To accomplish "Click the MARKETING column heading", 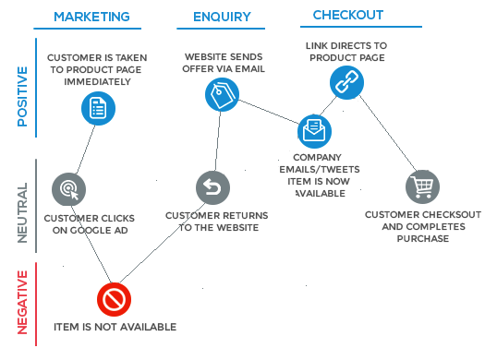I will tap(91, 17).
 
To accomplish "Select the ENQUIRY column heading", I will tap(221, 17).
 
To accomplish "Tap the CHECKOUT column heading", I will tap(348, 16).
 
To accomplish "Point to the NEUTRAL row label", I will tap(22, 211).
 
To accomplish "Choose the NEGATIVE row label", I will tap(22, 304).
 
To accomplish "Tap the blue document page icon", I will tap(97, 109).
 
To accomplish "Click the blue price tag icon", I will tap(222, 93).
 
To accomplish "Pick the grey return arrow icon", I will tap(212, 188).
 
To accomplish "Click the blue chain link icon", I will tap(346, 82).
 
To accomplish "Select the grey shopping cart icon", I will tap(422, 187).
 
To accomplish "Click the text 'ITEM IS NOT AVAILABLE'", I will tap(115, 327).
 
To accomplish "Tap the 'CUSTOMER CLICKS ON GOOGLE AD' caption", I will tap(86, 224).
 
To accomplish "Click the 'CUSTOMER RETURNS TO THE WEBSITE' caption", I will tap(216, 222).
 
